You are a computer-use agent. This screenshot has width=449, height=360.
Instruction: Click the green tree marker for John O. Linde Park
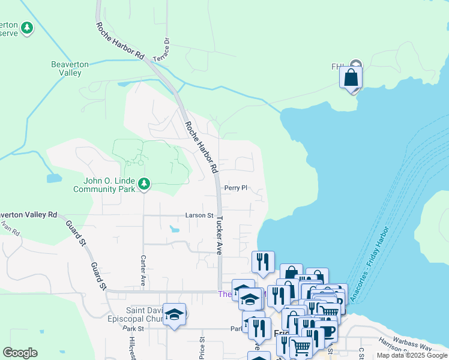coord(143,183)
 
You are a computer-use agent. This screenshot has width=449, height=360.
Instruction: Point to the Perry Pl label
coord(236,188)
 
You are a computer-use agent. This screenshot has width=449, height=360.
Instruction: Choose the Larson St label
coord(199,215)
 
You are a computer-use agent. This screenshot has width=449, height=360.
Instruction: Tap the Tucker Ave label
coord(220,235)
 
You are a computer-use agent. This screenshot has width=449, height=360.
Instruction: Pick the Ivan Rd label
coord(11,227)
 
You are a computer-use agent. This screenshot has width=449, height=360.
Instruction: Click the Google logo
coord(20,353)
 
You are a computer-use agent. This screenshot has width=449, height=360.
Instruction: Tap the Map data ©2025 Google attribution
coord(412,355)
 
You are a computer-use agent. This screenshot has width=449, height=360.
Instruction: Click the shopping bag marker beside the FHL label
coord(351,78)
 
